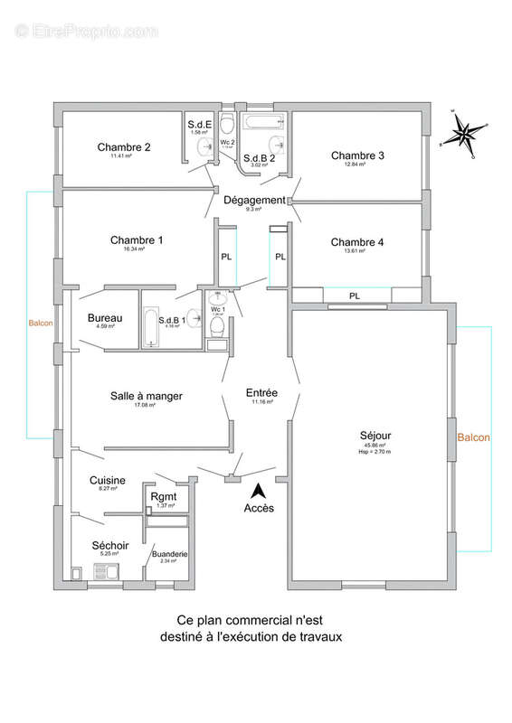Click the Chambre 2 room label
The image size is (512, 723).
click(124, 147)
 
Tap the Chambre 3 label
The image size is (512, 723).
click(357, 155)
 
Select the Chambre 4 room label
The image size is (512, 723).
click(357, 242)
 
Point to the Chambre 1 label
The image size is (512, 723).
click(137, 240)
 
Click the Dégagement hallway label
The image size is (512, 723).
click(255, 201)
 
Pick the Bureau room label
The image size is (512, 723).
click(105, 318)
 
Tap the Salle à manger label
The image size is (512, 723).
click(147, 396)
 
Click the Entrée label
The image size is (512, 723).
click(261, 393)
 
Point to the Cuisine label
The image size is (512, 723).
click(108, 481)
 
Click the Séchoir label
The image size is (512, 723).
click(109, 546)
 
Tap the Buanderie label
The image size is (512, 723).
click(170, 554)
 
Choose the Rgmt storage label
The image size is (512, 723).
click(164, 497)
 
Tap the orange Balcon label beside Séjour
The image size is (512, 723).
click(473, 437)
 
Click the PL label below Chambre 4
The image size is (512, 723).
click(354, 295)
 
